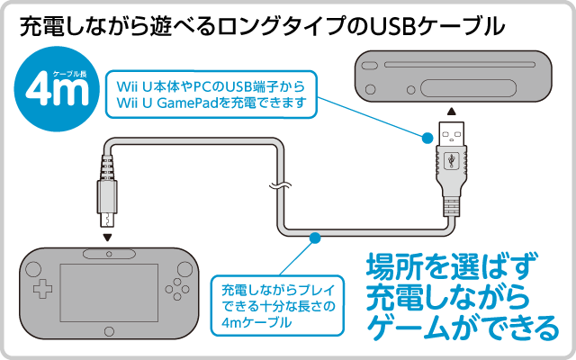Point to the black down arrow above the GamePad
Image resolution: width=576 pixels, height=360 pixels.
tap(108, 238)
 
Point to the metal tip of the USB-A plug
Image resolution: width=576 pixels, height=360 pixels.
tap(450, 128)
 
